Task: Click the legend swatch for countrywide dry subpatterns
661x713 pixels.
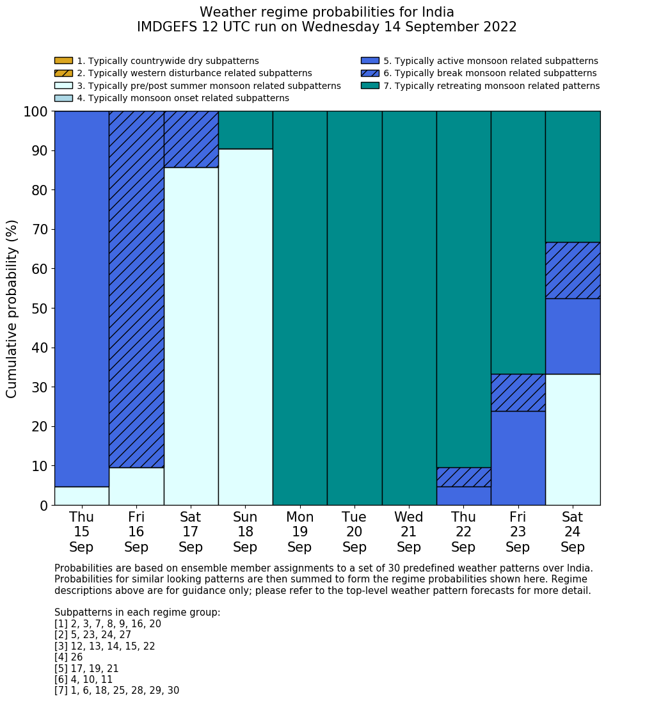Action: click(63, 61)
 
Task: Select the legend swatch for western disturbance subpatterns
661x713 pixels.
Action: click(63, 73)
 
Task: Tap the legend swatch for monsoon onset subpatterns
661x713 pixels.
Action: click(63, 98)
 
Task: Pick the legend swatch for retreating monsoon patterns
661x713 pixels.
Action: click(370, 85)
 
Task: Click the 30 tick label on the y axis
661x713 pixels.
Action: click(40, 387)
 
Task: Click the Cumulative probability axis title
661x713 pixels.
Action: click(12, 308)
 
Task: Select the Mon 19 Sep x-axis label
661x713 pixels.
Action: click(299, 532)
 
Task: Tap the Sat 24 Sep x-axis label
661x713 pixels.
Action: click(573, 532)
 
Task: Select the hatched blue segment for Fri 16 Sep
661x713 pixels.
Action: click(136, 289)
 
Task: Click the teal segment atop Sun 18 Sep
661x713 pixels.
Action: click(245, 130)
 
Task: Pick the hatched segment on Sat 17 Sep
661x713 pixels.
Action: click(191, 139)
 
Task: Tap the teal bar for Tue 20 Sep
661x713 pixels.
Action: click(354, 308)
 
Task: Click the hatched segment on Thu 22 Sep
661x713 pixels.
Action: click(463, 477)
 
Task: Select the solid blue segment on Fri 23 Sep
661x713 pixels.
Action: click(518, 458)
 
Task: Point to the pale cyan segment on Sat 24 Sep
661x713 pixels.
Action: click(573, 439)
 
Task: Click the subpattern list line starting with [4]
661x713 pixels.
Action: click(68, 657)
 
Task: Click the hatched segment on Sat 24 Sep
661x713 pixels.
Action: click(573, 270)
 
